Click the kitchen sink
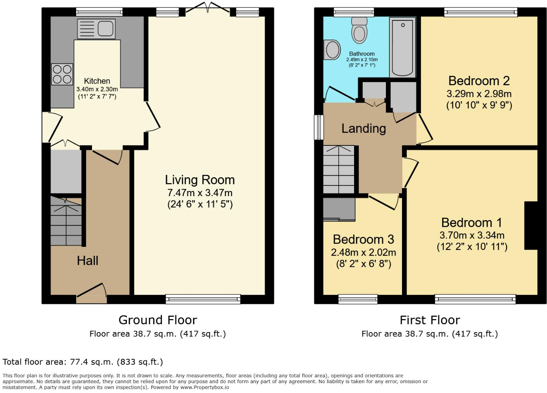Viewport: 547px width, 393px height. (96, 29)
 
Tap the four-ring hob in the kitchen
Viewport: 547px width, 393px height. (62, 74)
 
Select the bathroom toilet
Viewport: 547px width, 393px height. (359, 30)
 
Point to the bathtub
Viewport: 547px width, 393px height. (402, 47)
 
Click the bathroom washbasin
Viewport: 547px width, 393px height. (332, 50)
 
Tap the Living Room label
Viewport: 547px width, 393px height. (200, 180)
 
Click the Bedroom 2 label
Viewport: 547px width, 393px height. (479, 81)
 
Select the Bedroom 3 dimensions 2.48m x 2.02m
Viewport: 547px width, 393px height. (363, 252)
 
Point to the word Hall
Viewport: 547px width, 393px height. (87, 261)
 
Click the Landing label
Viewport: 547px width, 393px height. (363, 129)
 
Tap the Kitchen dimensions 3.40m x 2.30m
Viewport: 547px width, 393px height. (97, 89)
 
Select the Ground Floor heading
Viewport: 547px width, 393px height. (158, 320)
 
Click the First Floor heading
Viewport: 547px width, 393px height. (430, 320)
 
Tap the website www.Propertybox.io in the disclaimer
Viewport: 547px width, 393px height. (205, 387)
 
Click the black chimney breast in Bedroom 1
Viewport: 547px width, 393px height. (531, 226)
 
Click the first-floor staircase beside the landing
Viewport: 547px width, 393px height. (339, 169)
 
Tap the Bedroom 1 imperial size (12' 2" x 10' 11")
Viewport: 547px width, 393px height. (472, 247)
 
